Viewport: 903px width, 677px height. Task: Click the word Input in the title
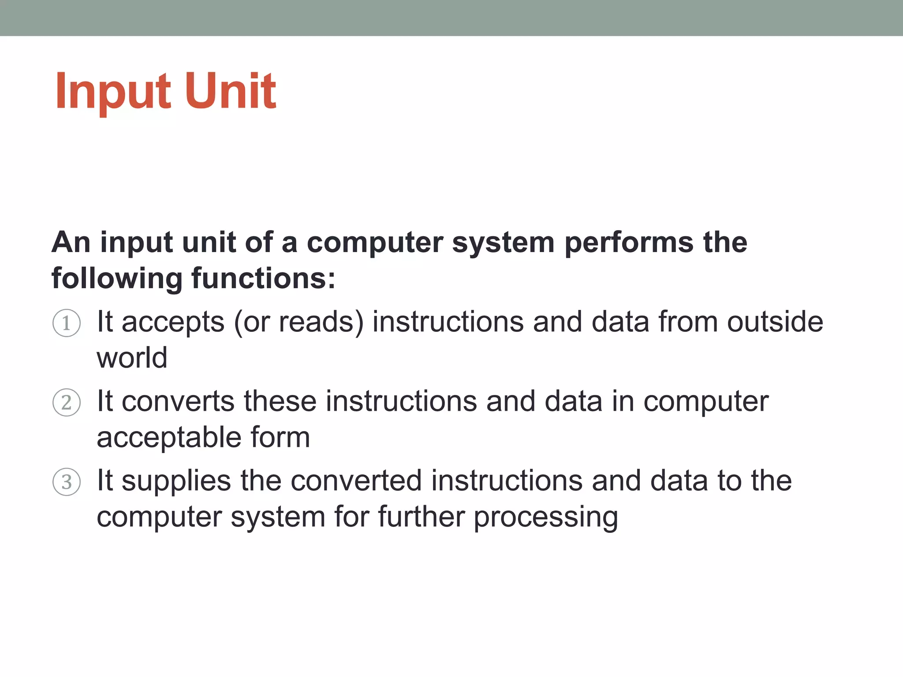click(112, 92)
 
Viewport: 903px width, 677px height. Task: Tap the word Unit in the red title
click(230, 91)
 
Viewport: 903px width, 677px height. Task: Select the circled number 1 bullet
click(67, 323)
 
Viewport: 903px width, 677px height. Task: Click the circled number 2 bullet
click(67, 402)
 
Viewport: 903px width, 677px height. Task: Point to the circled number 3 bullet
click(67, 482)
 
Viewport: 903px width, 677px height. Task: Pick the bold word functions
click(263, 279)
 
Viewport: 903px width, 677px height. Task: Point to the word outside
click(775, 321)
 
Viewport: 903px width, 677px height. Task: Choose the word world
click(132, 357)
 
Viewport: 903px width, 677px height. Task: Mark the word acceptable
click(169, 438)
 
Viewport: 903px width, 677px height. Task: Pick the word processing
click(546, 517)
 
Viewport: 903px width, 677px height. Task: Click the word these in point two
click(280, 402)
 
